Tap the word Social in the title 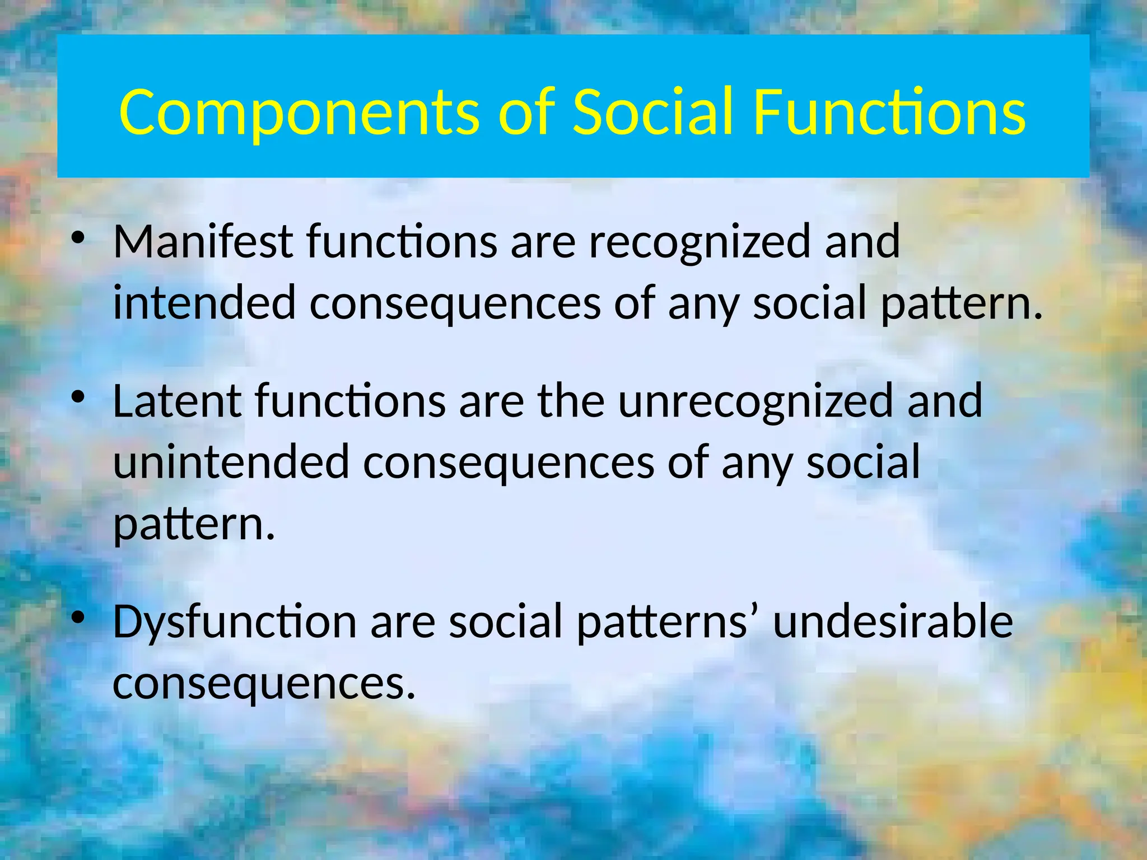tap(652, 114)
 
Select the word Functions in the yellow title tap(890, 114)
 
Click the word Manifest tap(203, 241)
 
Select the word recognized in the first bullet tap(700, 241)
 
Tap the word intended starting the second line tap(204, 303)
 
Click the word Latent tap(177, 401)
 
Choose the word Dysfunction tap(235, 623)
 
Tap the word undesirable tap(893, 623)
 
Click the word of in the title tap(527, 114)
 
